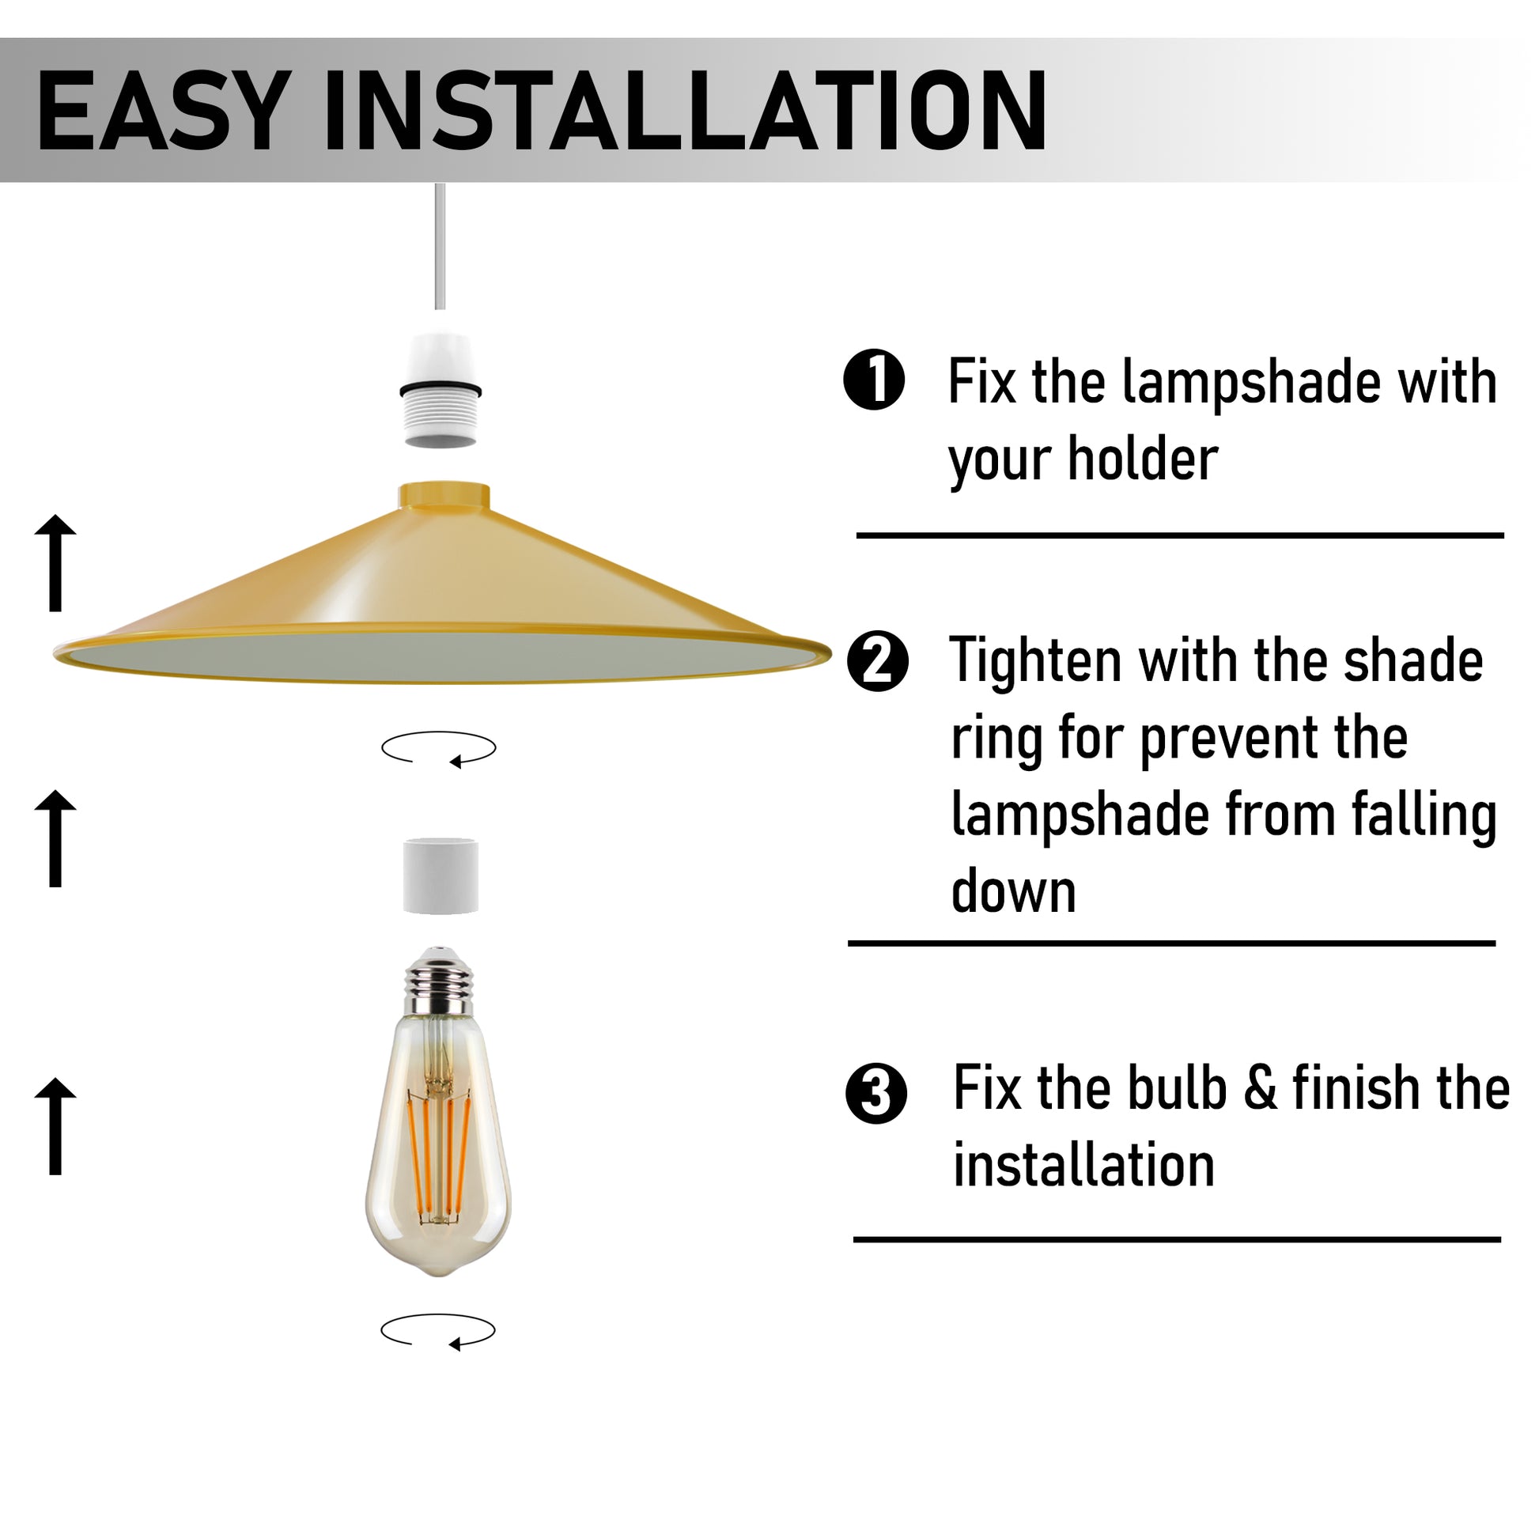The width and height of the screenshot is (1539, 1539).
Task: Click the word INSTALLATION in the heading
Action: [x=685, y=111]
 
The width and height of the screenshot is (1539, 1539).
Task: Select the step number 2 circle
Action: [x=878, y=662]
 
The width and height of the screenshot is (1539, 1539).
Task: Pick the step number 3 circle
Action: [x=876, y=1093]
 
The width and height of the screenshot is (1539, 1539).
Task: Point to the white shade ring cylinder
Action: [x=441, y=875]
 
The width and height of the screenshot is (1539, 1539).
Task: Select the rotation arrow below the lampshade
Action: [x=439, y=749]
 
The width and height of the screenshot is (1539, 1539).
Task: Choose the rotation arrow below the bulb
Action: [x=438, y=1330]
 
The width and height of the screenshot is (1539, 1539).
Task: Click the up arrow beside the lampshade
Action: [x=56, y=562]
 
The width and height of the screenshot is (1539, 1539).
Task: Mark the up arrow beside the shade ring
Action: [x=56, y=838]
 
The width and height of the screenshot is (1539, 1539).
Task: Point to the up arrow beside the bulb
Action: [x=56, y=1125]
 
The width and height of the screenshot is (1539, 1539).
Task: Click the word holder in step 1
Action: [x=1143, y=459]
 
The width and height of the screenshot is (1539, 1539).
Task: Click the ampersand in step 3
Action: [x=1259, y=1088]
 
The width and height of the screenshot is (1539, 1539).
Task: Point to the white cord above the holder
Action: [x=440, y=246]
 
